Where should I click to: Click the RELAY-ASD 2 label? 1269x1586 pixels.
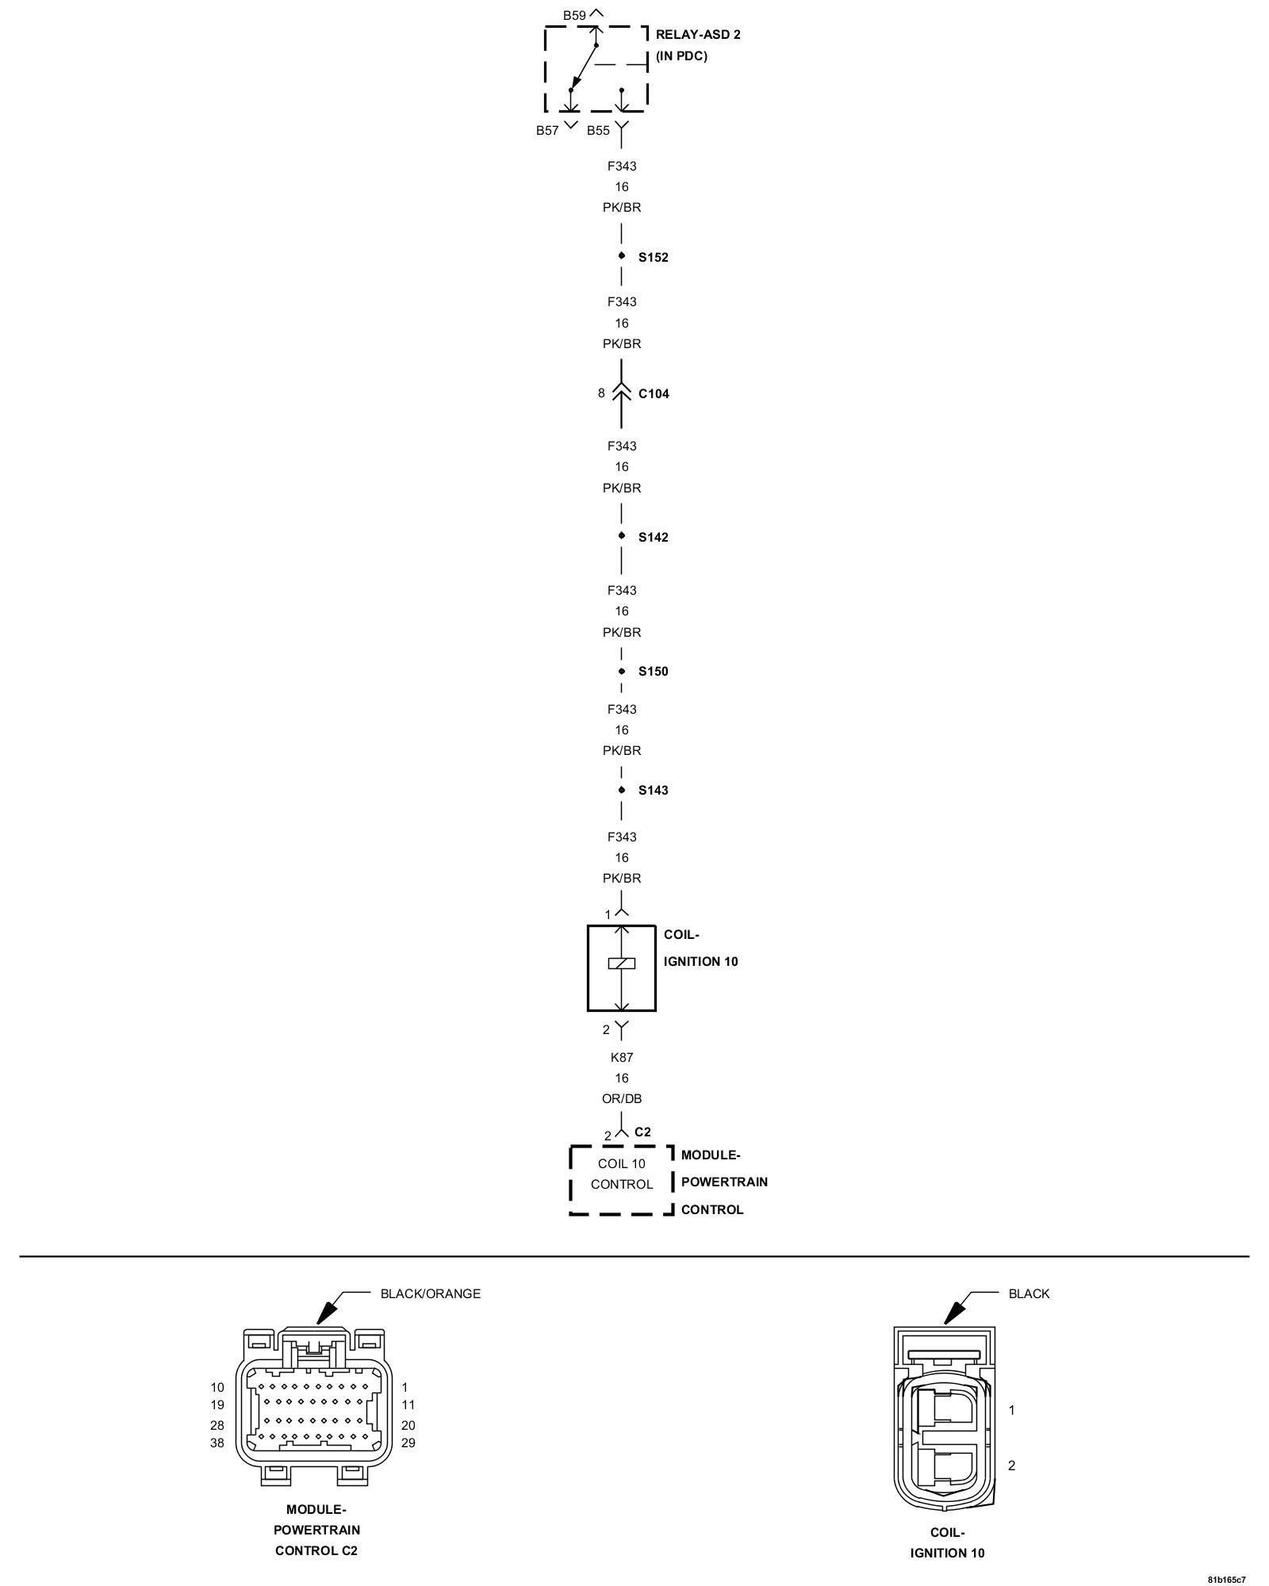[x=698, y=35]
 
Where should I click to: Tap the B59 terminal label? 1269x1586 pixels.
[x=574, y=15]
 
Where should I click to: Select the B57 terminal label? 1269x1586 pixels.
[x=547, y=131]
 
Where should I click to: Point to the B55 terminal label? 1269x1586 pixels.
[x=598, y=131]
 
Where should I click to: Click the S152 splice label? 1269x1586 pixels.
[x=654, y=258]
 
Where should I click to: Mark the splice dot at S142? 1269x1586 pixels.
[x=622, y=536]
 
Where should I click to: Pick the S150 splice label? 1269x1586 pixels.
[x=654, y=672]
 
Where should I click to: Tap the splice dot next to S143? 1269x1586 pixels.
[x=622, y=790]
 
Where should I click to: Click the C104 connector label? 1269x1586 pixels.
[x=654, y=394]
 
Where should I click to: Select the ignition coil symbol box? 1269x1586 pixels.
[x=622, y=967]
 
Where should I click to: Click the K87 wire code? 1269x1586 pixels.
[x=622, y=1057]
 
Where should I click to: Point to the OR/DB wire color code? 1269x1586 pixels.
[x=622, y=1099]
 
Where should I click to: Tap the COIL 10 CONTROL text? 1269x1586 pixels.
[x=622, y=1174]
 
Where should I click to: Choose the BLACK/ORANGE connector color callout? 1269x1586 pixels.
[x=430, y=1293]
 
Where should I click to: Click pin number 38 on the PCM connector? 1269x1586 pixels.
[x=217, y=1443]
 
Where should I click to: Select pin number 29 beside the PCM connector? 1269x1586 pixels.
[x=408, y=1443]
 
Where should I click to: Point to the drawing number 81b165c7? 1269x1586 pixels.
[x=1227, y=1579]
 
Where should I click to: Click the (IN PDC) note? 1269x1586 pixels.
[x=681, y=56]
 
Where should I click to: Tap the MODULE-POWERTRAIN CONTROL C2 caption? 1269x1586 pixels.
[x=316, y=1530]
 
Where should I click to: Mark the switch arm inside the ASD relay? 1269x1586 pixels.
[x=584, y=67]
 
